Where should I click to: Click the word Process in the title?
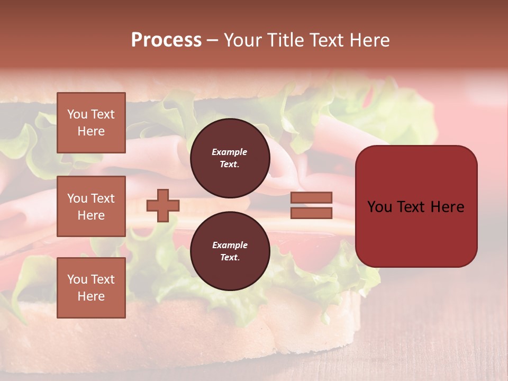[x=166, y=40]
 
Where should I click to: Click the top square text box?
[x=91, y=123]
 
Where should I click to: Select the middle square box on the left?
[x=91, y=206]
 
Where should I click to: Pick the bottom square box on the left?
[x=91, y=288]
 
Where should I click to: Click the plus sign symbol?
[x=163, y=205]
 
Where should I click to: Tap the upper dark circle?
[x=230, y=158]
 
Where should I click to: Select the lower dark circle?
[x=230, y=251]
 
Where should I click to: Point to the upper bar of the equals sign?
[x=311, y=197]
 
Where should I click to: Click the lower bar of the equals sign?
[x=311, y=213]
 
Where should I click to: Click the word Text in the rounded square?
[x=414, y=207]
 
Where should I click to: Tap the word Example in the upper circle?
[x=230, y=152]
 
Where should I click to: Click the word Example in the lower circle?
[x=230, y=245]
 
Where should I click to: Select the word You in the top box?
[x=77, y=114]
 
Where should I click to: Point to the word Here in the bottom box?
[x=91, y=296]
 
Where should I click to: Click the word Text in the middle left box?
[x=102, y=198]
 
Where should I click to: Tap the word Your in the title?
[x=243, y=40]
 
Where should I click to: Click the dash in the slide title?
[x=212, y=40]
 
